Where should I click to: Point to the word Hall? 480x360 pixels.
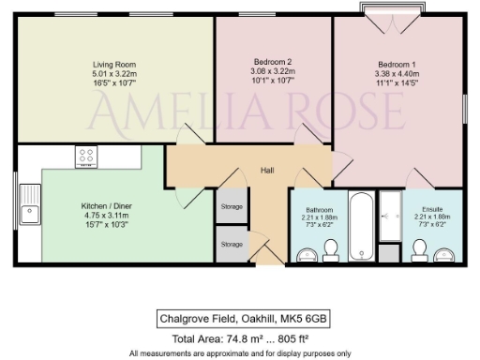241,171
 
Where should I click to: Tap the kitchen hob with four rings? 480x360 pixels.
87,157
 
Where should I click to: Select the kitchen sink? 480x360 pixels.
30,201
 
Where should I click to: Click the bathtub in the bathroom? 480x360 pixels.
361,226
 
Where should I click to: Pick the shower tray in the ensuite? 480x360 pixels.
390,226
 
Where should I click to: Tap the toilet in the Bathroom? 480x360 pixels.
330,247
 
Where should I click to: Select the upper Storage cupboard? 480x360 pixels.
231,206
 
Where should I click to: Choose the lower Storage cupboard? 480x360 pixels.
231,243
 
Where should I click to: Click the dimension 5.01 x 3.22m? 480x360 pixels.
97,74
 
